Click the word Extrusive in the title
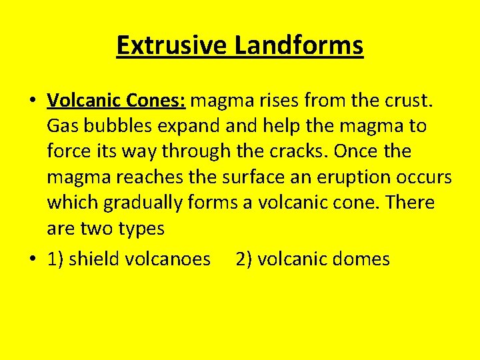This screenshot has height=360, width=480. tap(172, 45)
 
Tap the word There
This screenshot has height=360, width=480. tap(409, 203)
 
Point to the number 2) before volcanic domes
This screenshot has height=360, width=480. tap(244, 259)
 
